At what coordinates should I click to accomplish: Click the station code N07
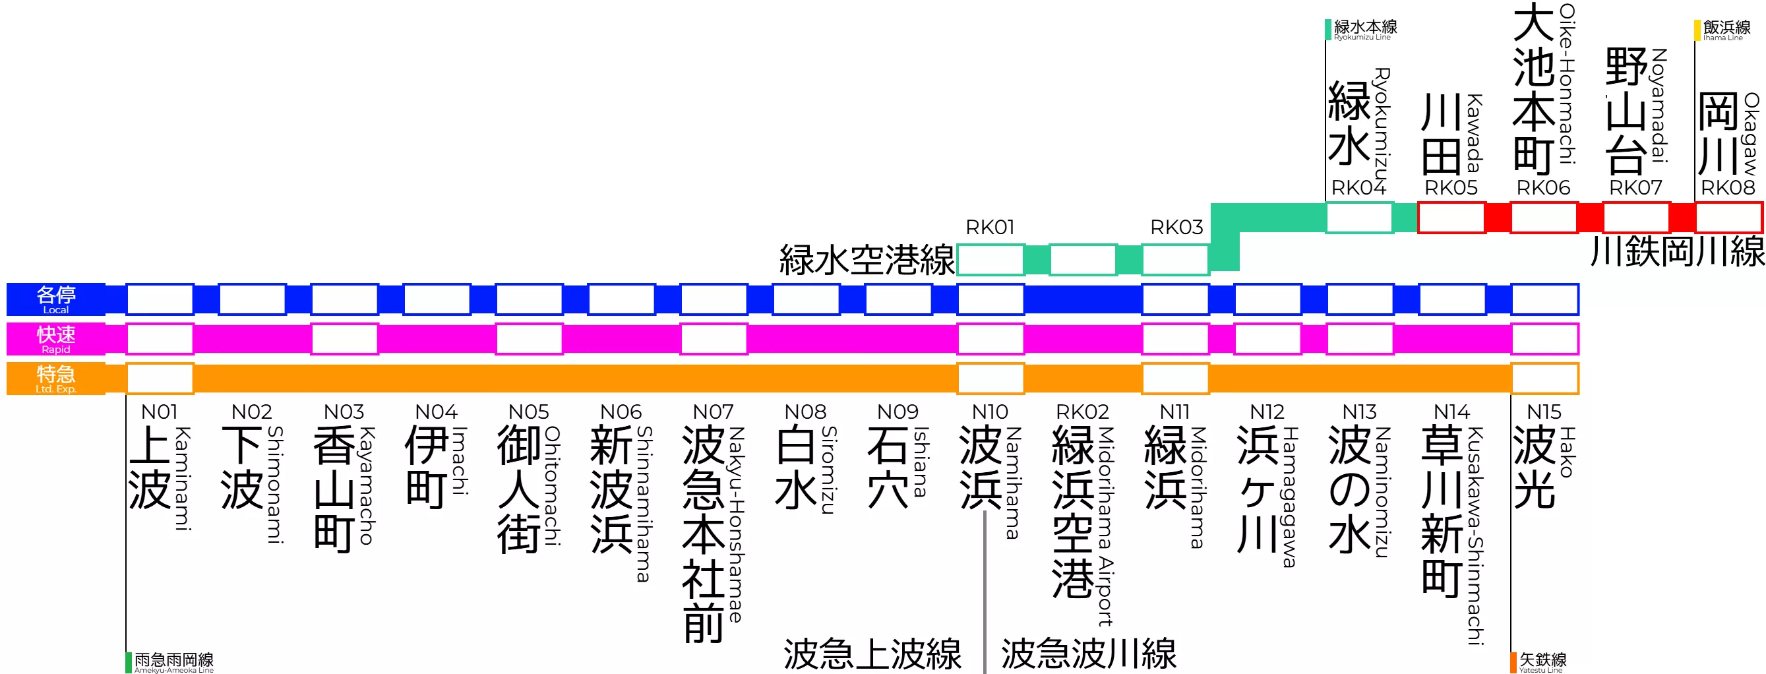713,412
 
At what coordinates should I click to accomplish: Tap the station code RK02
1083,412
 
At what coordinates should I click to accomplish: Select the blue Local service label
56,299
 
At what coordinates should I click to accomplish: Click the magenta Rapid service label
56,339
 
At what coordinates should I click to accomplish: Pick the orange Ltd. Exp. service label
56,379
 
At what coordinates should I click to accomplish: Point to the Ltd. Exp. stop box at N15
1544,379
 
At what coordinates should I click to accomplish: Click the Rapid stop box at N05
530,339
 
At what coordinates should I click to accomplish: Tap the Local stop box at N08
807,299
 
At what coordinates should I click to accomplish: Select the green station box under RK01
990,260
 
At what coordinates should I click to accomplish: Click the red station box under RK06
1544,218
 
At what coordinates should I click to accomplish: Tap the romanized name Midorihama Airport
1105,526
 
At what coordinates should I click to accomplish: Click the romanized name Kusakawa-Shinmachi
1475,536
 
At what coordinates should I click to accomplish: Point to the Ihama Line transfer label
1726,30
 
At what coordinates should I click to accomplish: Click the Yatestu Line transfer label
1542,661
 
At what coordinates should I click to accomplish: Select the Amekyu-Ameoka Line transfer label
173,661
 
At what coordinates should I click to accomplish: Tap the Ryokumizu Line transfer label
1364,30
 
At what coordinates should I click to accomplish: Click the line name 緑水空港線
867,260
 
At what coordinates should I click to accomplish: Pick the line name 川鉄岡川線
1677,251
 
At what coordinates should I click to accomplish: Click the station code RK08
1728,187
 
